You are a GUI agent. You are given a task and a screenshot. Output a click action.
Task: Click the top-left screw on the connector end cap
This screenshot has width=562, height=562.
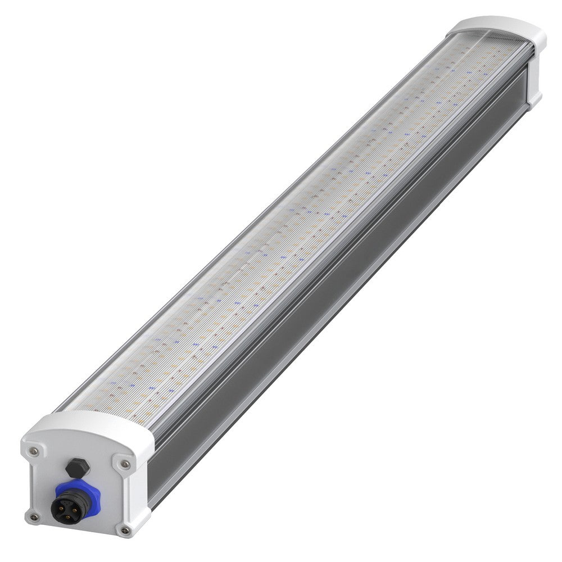[x=34, y=451]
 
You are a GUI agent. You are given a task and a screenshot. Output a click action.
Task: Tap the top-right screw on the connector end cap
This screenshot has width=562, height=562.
[x=125, y=464]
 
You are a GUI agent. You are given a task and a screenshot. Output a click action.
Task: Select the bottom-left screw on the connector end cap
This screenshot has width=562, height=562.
[x=34, y=516]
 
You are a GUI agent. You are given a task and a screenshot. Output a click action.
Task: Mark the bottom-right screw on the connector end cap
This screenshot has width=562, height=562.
[x=125, y=530]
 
